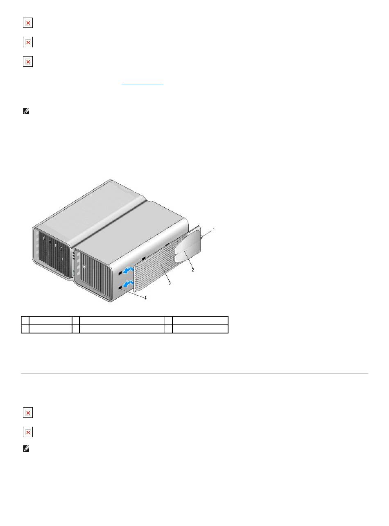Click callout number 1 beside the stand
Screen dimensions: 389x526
point(214,229)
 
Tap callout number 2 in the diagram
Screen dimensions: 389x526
point(193,270)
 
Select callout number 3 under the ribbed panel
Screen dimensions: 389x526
point(170,283)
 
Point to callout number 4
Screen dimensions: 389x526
point(145,298)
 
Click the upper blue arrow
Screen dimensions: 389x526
point(129,270)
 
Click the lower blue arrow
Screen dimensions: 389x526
point(129,283)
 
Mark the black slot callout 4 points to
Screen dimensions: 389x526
point(120,288)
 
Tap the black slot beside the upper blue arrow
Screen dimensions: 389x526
point(120,273)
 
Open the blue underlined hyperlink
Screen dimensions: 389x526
point(142,84)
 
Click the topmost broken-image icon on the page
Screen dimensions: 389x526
point(28,23)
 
